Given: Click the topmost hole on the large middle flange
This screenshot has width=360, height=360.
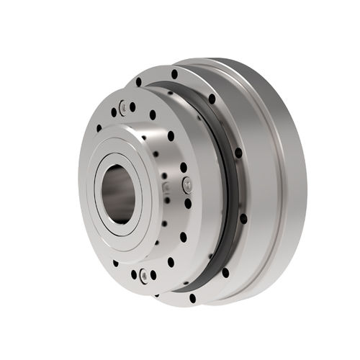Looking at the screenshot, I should [174, 73].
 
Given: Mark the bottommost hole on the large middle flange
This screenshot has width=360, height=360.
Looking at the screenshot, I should [192, 297].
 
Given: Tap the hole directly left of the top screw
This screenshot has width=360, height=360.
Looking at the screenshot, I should [113, 112].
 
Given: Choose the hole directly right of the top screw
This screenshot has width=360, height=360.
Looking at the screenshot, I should [132, 107].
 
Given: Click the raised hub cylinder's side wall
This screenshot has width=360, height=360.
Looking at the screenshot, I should [155, 166].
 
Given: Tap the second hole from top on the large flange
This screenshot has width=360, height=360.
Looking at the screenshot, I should [211, 99].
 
